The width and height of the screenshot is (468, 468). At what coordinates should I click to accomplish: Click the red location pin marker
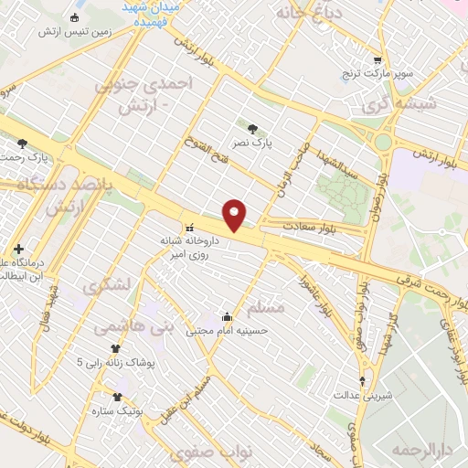(x=235, y=215)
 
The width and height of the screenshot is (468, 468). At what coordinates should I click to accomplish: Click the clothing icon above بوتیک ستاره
(x=116, y=398)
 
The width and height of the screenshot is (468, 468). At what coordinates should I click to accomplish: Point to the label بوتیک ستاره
(x=119, y=412)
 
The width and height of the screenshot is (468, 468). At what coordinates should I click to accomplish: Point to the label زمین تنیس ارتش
(x=74, y=31)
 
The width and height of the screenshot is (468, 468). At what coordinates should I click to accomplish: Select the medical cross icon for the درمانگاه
(x=18, y=249)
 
